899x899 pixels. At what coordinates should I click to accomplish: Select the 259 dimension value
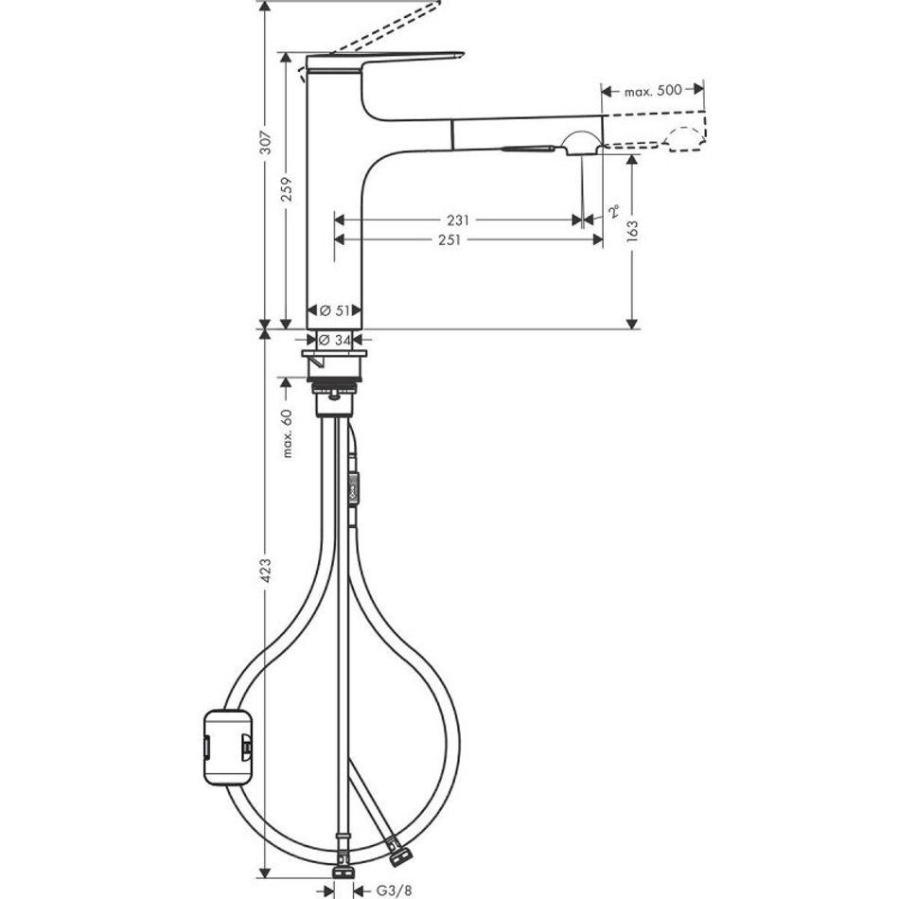tap(287, 189)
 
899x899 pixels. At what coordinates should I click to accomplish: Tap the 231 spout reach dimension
tap(458, 220)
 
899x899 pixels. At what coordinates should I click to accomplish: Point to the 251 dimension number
tap(449, 239)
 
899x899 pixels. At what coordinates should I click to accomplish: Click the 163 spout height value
tap(632, 231)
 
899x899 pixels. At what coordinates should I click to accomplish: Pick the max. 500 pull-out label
tap(653, 91)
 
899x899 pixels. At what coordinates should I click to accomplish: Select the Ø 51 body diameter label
tap(335, 310)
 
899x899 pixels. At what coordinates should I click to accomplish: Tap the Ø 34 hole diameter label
tap(335, 340)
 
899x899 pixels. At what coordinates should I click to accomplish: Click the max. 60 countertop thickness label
tap(287, 433)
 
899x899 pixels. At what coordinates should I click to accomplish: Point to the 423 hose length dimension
tap(267, 570)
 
